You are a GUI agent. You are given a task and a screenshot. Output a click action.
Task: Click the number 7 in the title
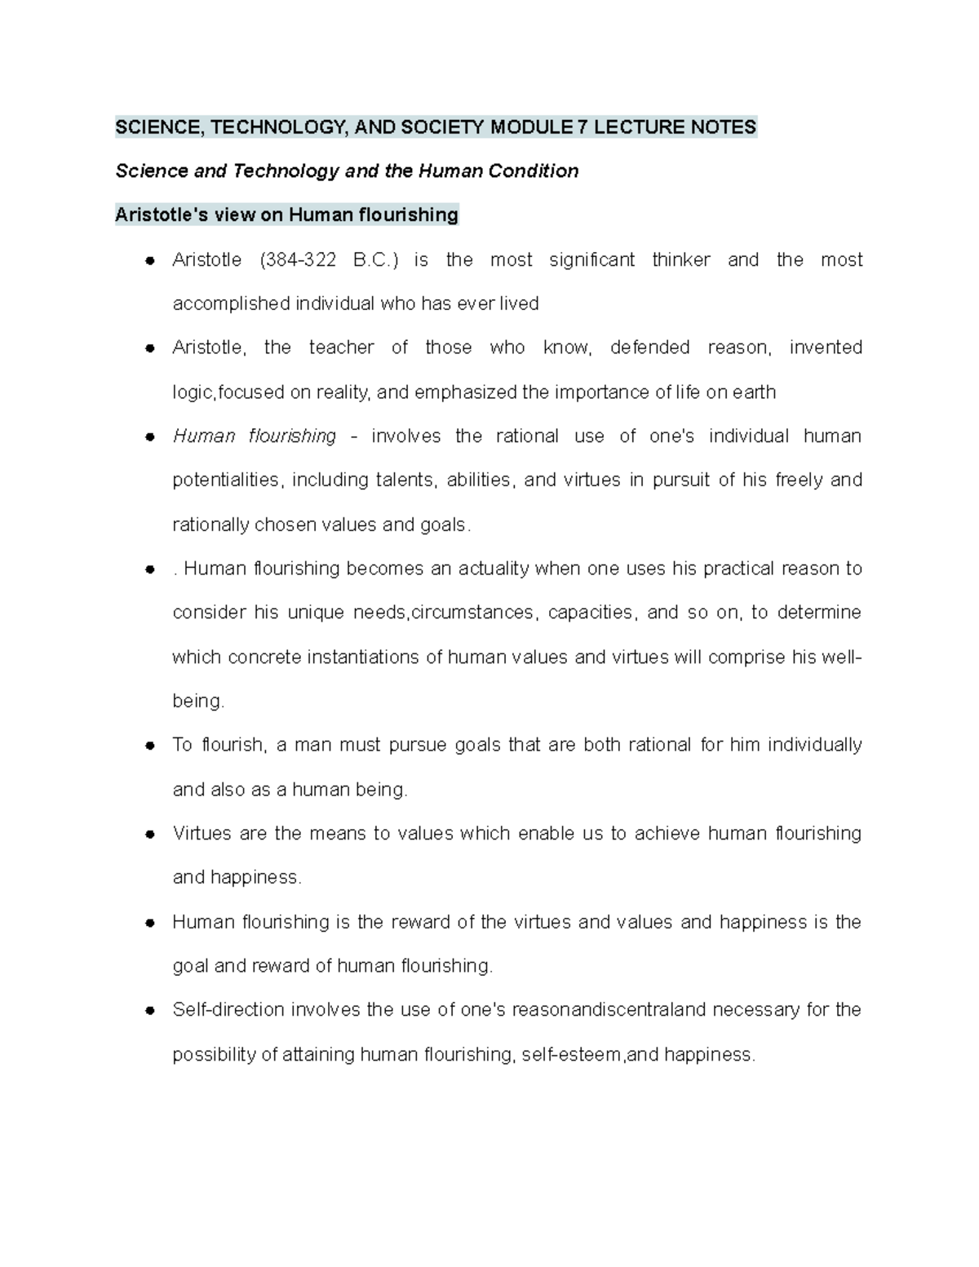click(581, 127)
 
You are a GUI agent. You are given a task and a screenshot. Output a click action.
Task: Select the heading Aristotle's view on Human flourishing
click(286, 215)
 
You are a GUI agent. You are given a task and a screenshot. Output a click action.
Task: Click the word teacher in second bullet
click(341, 348)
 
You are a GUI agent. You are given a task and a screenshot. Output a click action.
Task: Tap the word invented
click(826, 348)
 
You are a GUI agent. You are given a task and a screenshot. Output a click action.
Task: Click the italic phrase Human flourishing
click(255, 436)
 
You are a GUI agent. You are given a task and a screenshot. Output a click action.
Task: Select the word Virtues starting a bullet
click(200, 834)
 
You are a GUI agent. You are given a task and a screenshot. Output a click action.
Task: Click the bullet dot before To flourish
click(149, 746)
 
